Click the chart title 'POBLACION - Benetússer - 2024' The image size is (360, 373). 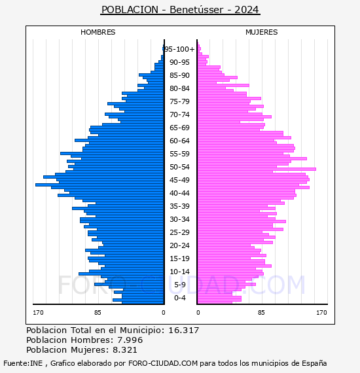point(180,10)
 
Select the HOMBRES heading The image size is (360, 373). point(98,32)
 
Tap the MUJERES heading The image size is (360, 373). point(262,32)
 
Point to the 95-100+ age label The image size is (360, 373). point(180,49)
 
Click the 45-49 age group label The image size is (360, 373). point(179,180)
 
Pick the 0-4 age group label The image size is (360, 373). point(179,298)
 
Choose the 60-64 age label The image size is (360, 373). point(179,141)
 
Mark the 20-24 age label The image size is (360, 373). point(179,245)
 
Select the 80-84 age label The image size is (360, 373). point(179,88)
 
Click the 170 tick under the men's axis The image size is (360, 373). point(38,312)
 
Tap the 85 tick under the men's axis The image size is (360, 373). point(98,312)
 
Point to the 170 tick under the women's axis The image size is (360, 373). point(321,312)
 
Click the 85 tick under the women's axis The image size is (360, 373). point(261,312)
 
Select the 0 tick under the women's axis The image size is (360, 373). point(198,312)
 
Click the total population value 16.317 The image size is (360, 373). point(184,330)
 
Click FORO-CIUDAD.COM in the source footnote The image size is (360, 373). point(163,363)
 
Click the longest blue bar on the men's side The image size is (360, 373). point(99,185)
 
